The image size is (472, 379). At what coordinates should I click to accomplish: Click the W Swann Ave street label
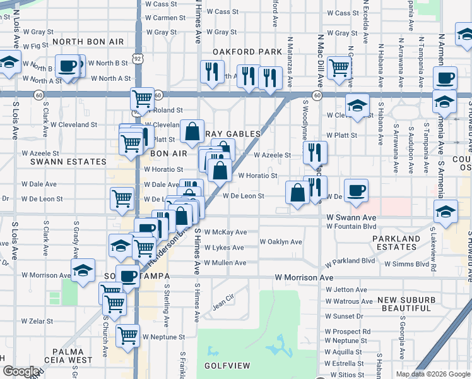click(347, 217)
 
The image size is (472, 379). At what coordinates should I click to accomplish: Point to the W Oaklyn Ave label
click(281, 242)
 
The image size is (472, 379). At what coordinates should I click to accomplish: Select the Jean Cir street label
click(223, 304)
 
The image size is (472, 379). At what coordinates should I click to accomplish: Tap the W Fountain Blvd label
click(351, 226)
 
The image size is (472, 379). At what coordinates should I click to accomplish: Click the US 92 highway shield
click(138, 58)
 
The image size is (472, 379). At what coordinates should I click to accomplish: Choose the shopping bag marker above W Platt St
click(192, 131)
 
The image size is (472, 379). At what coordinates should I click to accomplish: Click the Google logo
click(21, 371)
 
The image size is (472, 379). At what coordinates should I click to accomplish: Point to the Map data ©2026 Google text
click(433, 374)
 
